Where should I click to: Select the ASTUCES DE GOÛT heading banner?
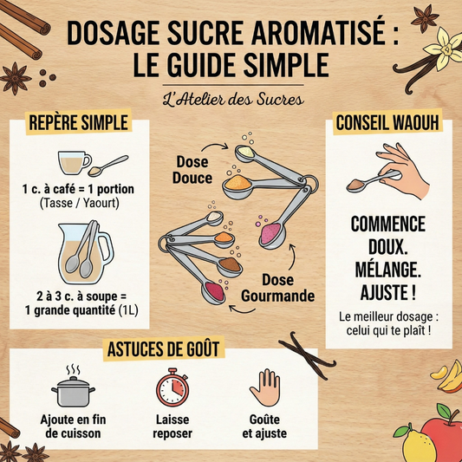(x=162, y=348)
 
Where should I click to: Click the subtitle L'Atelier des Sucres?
(x=231, y=99)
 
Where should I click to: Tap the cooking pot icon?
(x=74, y=389)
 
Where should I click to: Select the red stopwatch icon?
(x=171, y=387)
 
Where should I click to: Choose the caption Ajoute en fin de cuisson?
(x=74, y=425)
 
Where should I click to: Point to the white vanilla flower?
(x=446, y=45)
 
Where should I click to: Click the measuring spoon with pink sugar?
(x=271, y=232)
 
